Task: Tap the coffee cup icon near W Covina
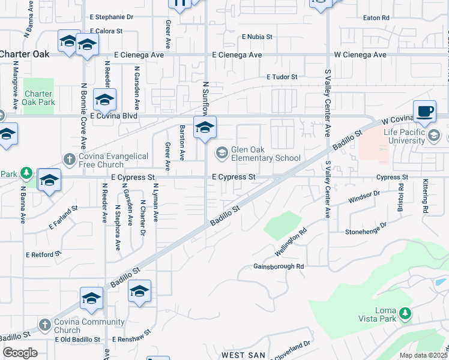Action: point(424,111)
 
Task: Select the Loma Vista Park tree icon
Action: point(406,313)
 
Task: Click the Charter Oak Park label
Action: point(39,98)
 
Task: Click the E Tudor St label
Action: point(282,77)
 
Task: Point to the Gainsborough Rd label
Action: point(279,266)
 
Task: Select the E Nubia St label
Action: point(257,37)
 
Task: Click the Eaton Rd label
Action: point(376,18)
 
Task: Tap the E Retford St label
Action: point(44,254)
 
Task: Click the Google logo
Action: point(20,353)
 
